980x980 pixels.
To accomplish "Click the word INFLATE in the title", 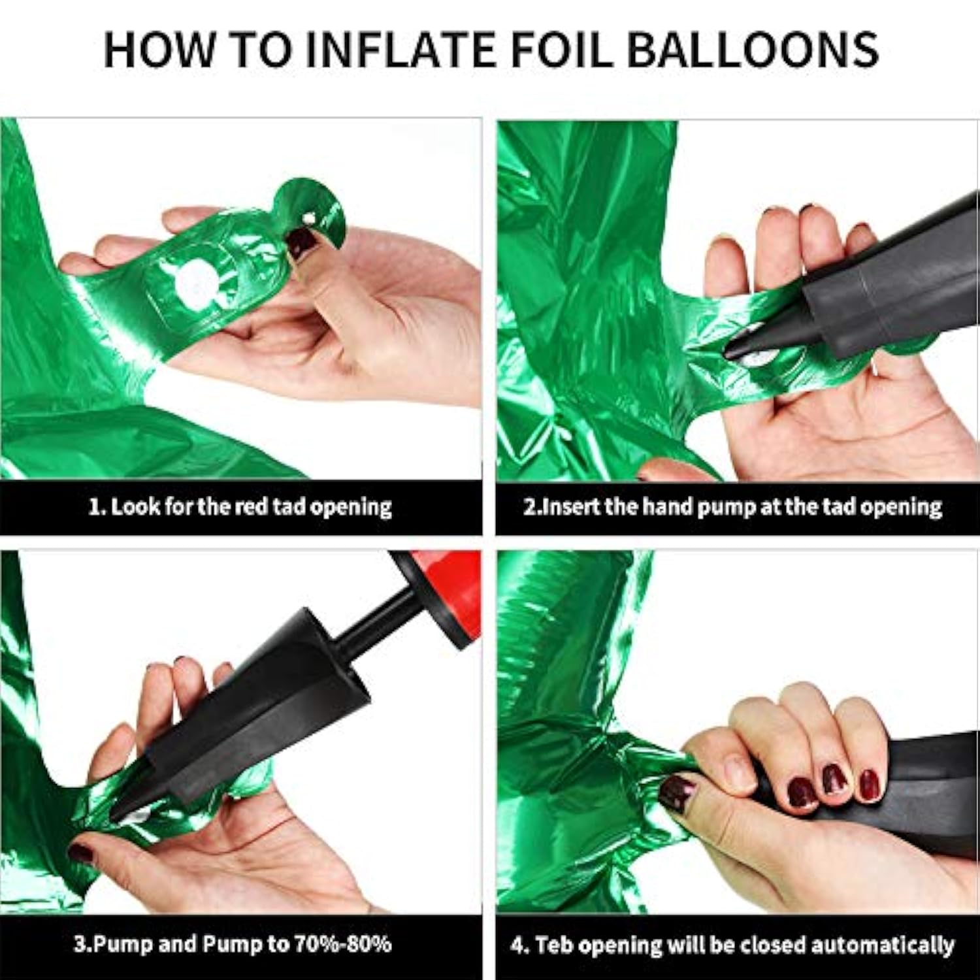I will pos(399,49).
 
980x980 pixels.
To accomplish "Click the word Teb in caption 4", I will pos(555,945).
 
